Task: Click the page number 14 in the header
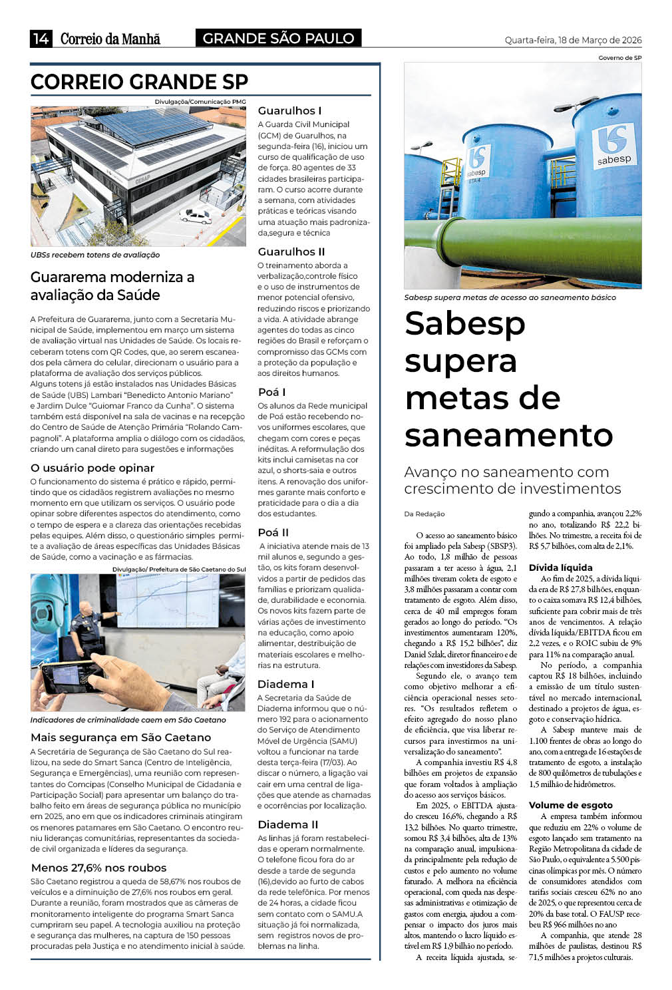[41, 39]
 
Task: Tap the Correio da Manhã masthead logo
[110, 39]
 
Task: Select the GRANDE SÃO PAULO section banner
[278, 39]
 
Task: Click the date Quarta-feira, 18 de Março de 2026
[573, 40]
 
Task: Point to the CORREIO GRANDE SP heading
[139, 82]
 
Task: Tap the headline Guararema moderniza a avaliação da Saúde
[112, 285]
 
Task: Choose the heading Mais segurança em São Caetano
[120, 737]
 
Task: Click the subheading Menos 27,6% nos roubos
[98, 868]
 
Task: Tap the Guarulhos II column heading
[291, 251]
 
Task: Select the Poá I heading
[271, 392]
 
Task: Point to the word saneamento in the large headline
[508, 435]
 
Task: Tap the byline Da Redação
[424, 514]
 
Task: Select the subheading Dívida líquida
[560, 568]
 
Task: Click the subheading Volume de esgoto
[570, 805]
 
